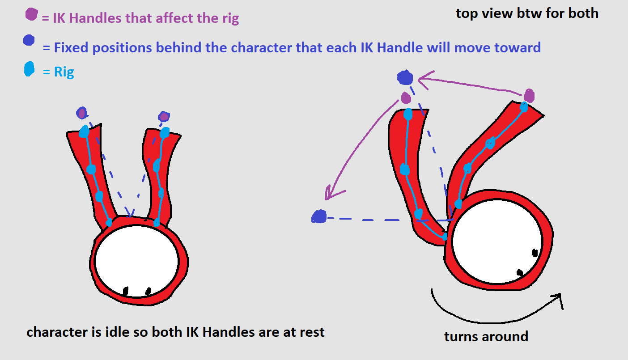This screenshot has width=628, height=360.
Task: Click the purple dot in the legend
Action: point(32,15)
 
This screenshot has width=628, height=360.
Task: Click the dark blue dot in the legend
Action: point(29,40)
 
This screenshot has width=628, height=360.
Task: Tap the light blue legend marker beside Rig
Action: point(29,69)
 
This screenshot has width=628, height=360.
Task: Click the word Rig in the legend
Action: point(64,72)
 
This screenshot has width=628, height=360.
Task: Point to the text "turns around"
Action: point(486,336)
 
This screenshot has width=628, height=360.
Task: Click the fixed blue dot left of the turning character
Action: point(319,217)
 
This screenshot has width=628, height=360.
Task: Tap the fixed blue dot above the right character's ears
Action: point(405,78)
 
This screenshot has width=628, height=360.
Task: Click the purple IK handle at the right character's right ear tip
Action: point(529,95)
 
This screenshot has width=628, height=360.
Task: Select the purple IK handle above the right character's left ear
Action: point(406,97)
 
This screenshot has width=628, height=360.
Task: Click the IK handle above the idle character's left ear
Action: point(81,113)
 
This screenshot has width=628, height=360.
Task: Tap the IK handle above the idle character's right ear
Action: point(164,117)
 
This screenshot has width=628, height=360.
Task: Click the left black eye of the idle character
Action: point(126,291)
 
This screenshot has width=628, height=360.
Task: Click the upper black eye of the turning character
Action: point(535,253)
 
